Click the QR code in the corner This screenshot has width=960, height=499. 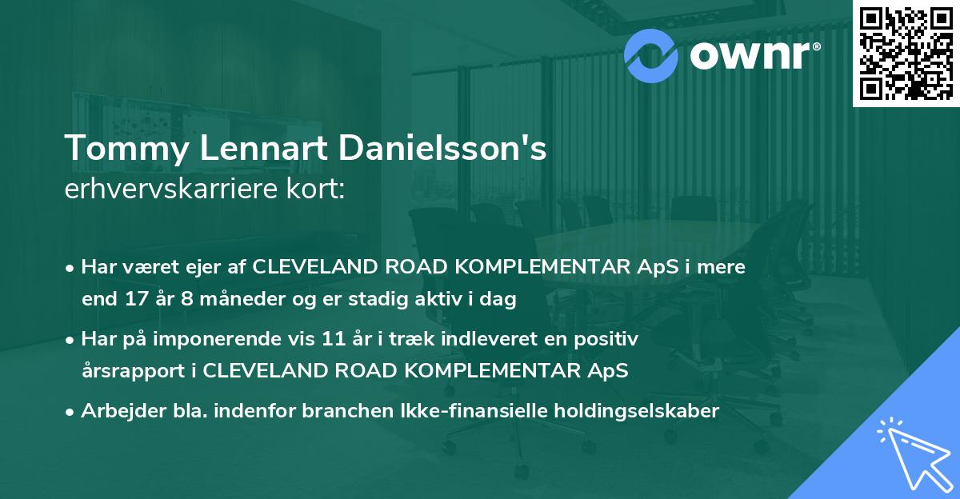[x=906, y=54]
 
